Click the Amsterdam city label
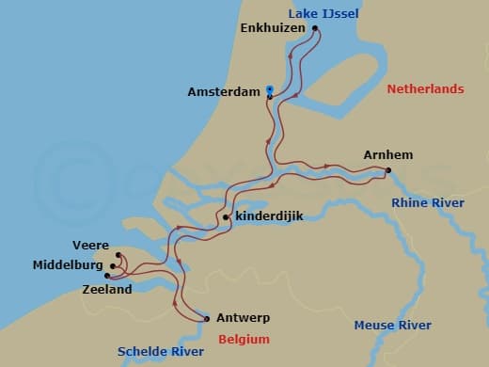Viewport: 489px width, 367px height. [x=224, y=92]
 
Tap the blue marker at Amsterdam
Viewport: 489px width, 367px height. [x=270, y=89]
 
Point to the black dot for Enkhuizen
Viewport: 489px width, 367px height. [x=315, y=28]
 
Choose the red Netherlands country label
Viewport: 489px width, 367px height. [x=426, y=88]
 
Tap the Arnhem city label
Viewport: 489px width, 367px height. [x=388, y=155]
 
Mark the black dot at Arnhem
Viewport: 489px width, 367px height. [x=387, y=170]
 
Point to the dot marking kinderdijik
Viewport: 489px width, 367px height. [x=227, y=218]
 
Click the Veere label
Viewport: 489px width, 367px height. [x=91, y=246]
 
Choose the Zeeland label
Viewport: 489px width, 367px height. [x=82, y=290]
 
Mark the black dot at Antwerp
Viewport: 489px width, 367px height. [x=206, y=318]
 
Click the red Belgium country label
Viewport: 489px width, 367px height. [x=244, y=339]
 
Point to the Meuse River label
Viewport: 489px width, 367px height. [x=392, y=326]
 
